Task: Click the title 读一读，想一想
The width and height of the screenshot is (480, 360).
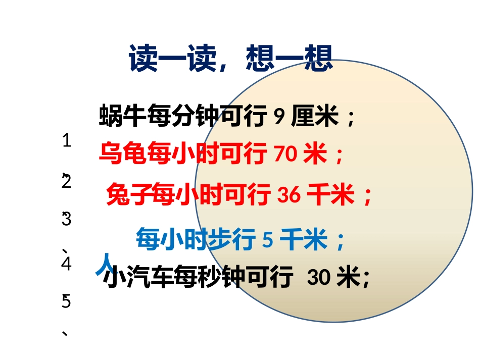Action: (231, 59)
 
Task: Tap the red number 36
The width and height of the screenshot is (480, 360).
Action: (290, 195)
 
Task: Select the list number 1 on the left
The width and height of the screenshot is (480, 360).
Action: (66, 141)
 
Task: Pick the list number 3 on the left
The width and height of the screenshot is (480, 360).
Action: (66, 220)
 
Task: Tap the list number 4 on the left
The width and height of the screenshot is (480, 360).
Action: (66, 265)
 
